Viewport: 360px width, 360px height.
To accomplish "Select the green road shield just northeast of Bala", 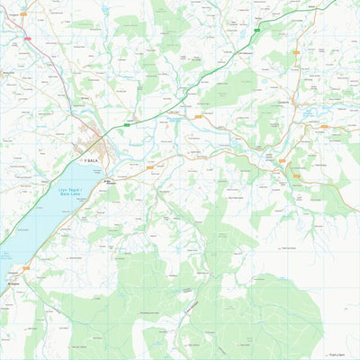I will pos(127,126).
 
